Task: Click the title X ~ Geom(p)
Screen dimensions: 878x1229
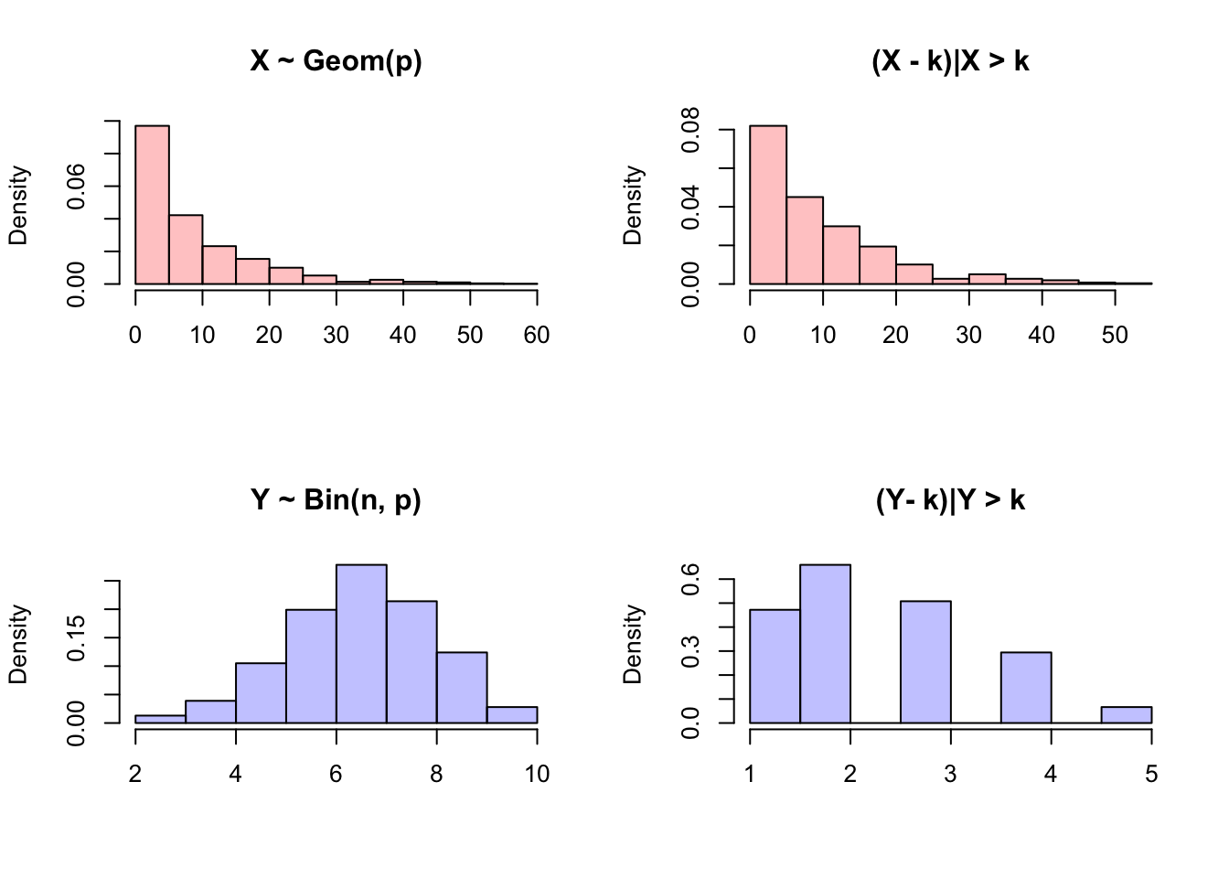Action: [x=336, y=61]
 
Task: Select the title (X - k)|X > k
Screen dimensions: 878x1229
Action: [x=950, y=61]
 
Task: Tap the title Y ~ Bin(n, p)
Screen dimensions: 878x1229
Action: [x=336, y=500]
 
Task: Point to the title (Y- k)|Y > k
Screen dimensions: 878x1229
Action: [x=950, y=500]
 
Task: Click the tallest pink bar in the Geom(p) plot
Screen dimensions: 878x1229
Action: [x=152, y=205]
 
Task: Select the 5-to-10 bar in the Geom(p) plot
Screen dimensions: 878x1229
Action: [x=186, y=249]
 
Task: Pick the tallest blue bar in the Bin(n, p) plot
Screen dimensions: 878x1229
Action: [x=361, y=644]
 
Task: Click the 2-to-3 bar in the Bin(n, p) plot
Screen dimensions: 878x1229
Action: [x=160, y=719]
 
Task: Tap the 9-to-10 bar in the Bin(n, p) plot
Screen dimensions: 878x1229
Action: [x=512, y=714]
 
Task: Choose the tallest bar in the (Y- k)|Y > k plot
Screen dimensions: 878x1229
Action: [x=825, y=644]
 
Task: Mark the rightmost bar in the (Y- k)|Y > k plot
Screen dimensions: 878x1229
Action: [x=1126, y=714]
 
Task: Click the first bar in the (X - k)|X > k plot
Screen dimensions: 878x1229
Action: [x=767, y=205]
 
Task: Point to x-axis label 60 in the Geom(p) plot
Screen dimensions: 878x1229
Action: [x=537, y=335]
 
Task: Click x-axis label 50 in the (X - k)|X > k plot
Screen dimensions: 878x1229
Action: [x=1115, y=335]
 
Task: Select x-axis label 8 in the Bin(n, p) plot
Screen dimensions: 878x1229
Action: [x=436, y=774]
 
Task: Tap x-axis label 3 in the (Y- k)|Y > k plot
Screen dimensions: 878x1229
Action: [x=950, y=774]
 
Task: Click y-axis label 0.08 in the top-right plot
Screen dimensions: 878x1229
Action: [x=690, y=130]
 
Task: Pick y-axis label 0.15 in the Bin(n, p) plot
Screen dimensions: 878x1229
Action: [x=76, y=637]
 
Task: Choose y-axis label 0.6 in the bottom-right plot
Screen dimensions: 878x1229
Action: [x=690, y=580]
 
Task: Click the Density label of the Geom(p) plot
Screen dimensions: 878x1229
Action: [x=18, y=205]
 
